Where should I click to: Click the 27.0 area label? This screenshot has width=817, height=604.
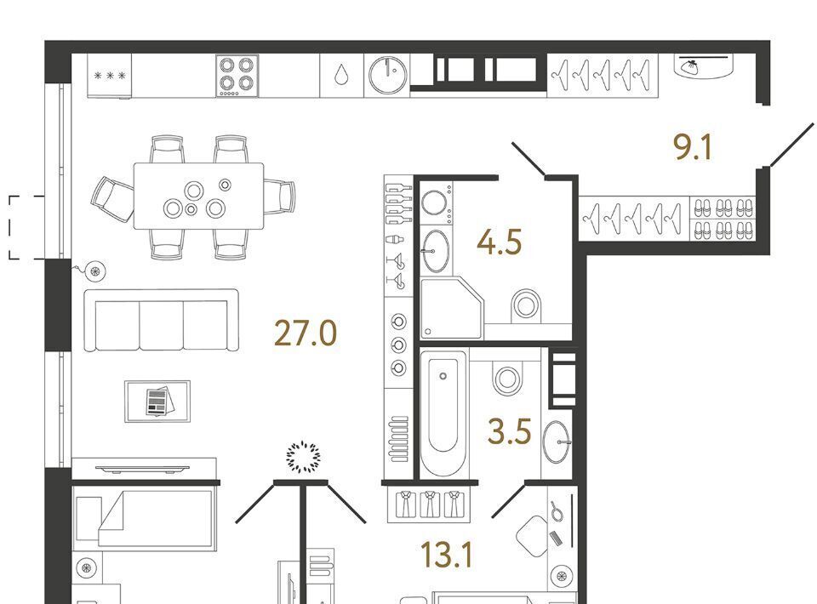tap(306, 333)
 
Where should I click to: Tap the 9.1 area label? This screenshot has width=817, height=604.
tap(693, 147)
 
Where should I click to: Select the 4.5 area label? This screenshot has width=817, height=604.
tap(500, 242)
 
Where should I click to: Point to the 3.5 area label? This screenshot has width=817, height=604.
tap(509, 431)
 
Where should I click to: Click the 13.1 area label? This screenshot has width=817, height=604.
tap(447, 555)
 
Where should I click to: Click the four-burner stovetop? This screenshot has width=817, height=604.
tap(237, 76)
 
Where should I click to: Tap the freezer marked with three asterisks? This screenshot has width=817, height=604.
tap(110, 76)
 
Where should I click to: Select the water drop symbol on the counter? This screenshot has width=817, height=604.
tap(341, 75)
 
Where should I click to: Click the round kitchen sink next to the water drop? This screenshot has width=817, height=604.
tap(388, 75)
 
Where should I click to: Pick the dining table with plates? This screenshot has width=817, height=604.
tap(198, 196)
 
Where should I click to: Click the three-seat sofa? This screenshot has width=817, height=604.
tap(162, 320)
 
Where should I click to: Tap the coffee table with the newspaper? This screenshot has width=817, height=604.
tap(157, 401)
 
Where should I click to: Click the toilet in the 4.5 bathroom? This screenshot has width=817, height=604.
tap(526, 306)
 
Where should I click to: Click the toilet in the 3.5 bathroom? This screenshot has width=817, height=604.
tap(506, 376)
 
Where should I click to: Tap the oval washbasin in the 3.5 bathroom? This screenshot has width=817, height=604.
tap(556, 442)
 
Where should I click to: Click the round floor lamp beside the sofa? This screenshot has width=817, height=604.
tap(94, 271)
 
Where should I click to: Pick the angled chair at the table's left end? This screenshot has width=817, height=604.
tap(112, 199)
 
